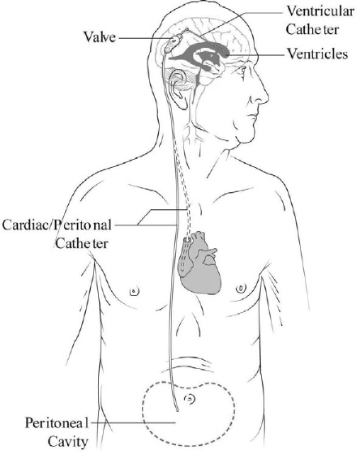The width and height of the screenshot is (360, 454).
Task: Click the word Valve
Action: click(100, 36)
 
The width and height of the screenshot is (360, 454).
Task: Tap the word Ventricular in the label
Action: click(320, 11)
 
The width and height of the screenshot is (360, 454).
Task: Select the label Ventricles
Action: click(317, 54)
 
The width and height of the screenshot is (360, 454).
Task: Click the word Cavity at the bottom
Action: click(68, 442)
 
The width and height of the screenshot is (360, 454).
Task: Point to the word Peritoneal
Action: click(57, 422)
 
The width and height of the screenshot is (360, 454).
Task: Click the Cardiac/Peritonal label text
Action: click(57, 225)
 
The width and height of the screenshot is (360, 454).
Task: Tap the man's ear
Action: click(179, 89)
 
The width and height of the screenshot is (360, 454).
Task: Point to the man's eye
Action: click(242, 70)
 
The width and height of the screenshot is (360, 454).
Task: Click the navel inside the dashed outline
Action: click(190, 399)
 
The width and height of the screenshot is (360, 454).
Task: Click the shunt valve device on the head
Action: click(174, 43)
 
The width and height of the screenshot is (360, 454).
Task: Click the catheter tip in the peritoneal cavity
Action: click(177, 409)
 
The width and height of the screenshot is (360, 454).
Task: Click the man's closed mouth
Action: click(252, 117)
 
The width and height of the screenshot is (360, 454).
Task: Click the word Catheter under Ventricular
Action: click(312, 29)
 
